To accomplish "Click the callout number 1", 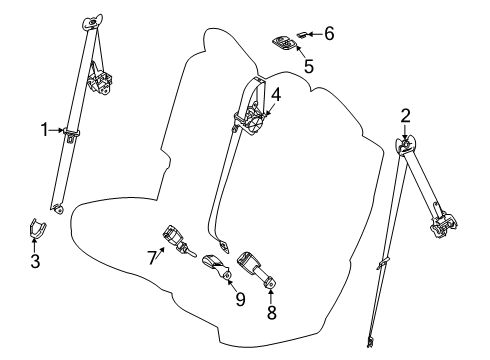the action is [x=44, y=130].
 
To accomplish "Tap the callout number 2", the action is [x=405, y=116].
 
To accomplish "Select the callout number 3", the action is [x=35, y=261].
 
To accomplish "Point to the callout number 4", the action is [x=276, y=95].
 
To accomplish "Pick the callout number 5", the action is [x=309, y=66].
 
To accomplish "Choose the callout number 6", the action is [x=329, y=34].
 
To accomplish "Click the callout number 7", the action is [x=152, y=257].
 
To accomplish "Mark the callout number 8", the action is [x=272, y=313].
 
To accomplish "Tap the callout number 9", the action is [x=240, y=299].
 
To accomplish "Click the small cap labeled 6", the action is [x=302, y=34].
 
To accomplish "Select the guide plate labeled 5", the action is [x=284, y=43].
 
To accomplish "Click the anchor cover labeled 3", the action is [x=36, y=228].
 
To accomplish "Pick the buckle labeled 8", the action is [x=255, y=269].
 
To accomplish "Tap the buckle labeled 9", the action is [x=217, y=266].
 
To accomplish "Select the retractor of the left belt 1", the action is [x=100, y=79].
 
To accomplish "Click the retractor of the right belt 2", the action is [x=443, y=224].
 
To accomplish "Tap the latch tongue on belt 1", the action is [x=71, y=134].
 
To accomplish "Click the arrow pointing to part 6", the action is [x=315, y=34].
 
